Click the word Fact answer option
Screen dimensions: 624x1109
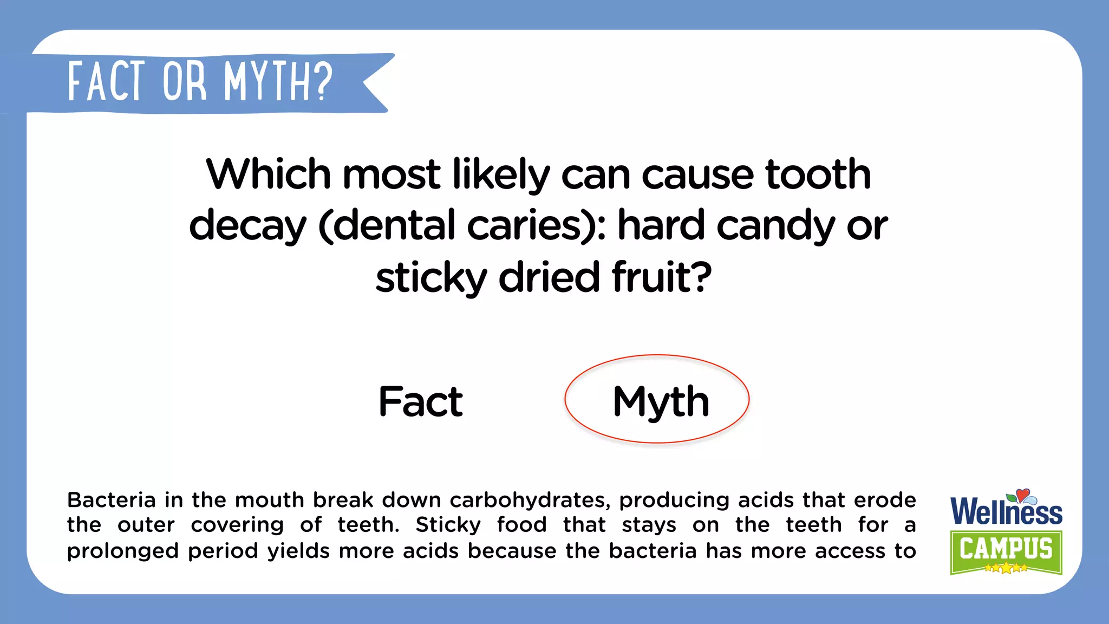[420, 401]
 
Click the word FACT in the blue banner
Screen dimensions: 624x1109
[107, 82]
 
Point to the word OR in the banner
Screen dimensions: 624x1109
[185, 83]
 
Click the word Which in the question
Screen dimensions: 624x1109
[268, 174]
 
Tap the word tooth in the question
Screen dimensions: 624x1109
[818, 174]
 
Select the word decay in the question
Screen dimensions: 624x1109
[247, 226]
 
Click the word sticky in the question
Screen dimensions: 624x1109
[431, 278]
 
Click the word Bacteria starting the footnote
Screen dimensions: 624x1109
[112, 500]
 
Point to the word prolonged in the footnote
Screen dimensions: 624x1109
[122, 551]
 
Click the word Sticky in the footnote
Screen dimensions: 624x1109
[448, 525]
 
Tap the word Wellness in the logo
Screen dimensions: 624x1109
[1006, 512]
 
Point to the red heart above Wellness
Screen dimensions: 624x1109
[1022, 494]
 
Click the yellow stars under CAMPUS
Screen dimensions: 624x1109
[1006, 568]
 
